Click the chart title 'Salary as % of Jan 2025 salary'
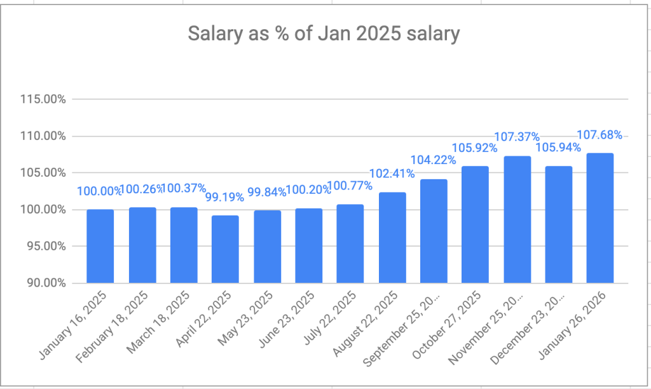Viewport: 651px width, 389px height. [324, 34]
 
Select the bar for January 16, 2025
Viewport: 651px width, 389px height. [100, 246]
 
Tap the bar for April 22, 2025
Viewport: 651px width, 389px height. [225, 249]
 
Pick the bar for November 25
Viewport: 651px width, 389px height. [517, 219]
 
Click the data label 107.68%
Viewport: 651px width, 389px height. [600, 135]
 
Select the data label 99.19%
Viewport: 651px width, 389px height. [225, 197]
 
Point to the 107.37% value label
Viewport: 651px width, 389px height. [517, 137]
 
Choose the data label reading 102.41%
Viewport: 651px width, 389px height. [392, 173]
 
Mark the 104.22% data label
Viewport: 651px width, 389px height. [434, 160]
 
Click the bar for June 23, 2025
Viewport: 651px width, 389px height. [309, 245]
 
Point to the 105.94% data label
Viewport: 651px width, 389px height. [558, 147]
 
